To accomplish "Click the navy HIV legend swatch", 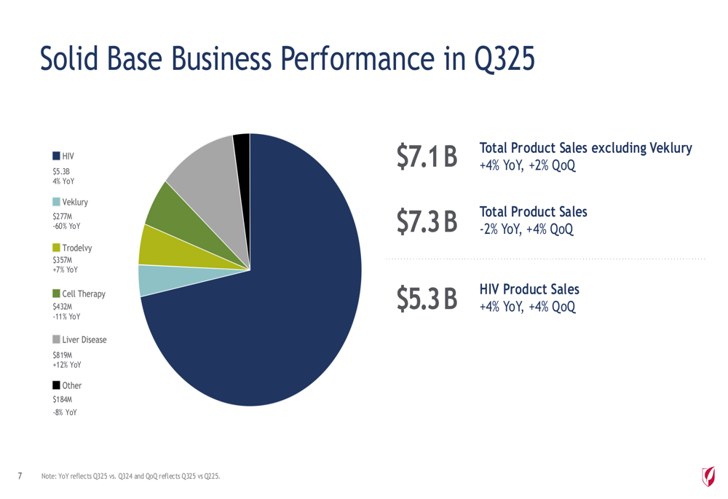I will (x=57, y=156).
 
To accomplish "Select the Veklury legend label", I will (x=75, y=202).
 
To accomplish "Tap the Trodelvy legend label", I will (x=77, y=248).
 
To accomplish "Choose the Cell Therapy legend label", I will (x=84, y=294).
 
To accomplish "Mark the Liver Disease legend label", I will (x=84, y=339).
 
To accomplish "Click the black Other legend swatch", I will (x=57, y=385).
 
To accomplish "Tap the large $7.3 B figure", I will (x=427, y=221).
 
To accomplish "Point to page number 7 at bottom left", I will (x=20, y=476).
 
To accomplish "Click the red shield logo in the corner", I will (x=707, y=476).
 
